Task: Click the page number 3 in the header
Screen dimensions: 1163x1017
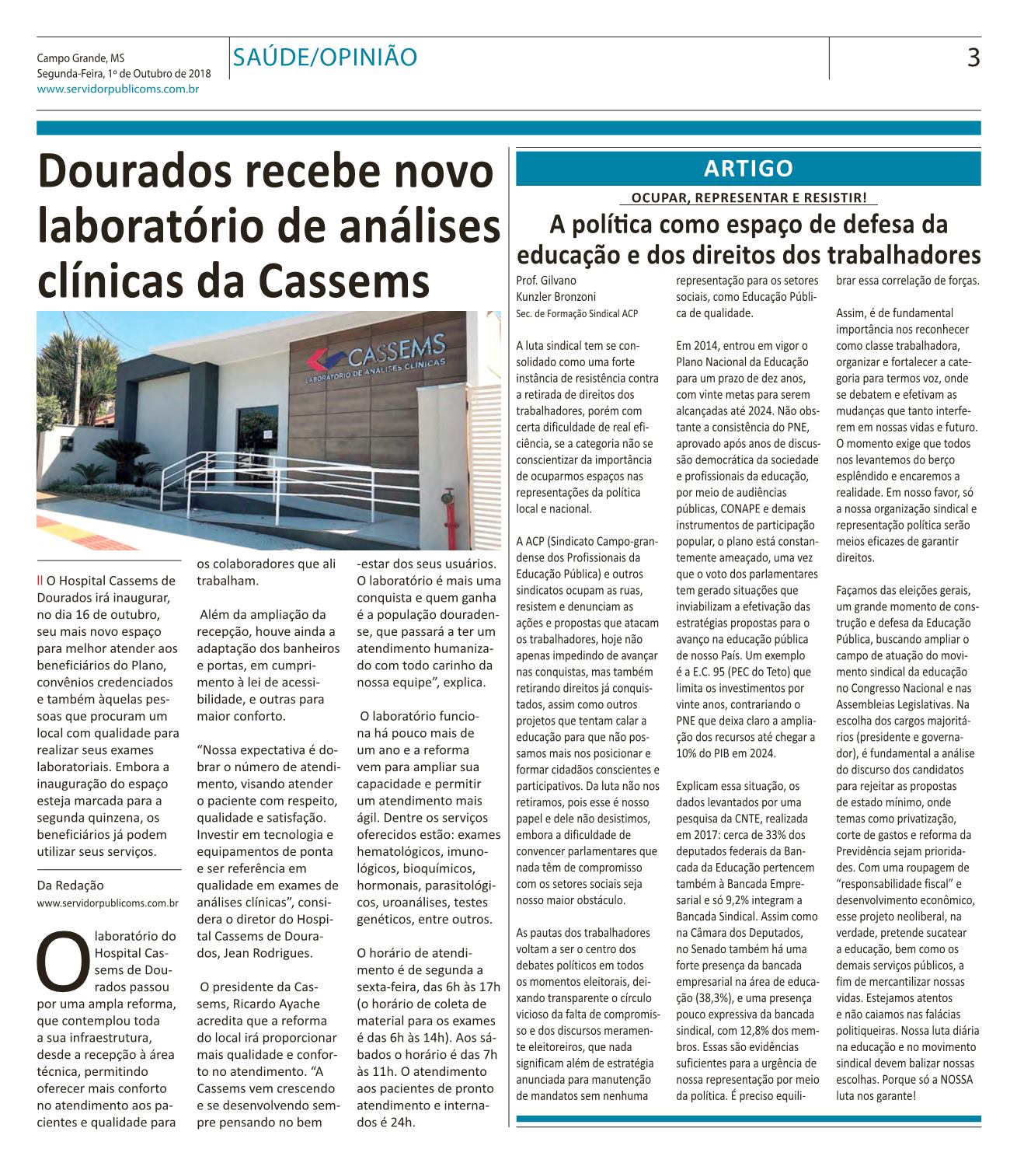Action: [972, 58]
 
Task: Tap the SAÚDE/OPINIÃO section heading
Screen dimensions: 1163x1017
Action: [326, 57]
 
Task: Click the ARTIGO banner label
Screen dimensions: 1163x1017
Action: [748, 168]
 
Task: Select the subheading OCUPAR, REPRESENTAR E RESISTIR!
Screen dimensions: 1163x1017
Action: [749, 197]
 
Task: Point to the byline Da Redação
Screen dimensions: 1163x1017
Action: [70, 885]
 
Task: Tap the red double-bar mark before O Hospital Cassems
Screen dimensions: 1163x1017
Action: [40, 579]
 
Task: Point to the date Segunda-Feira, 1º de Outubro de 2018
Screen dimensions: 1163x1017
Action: [123, 74]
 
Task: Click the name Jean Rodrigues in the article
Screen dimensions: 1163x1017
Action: [257, 952]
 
